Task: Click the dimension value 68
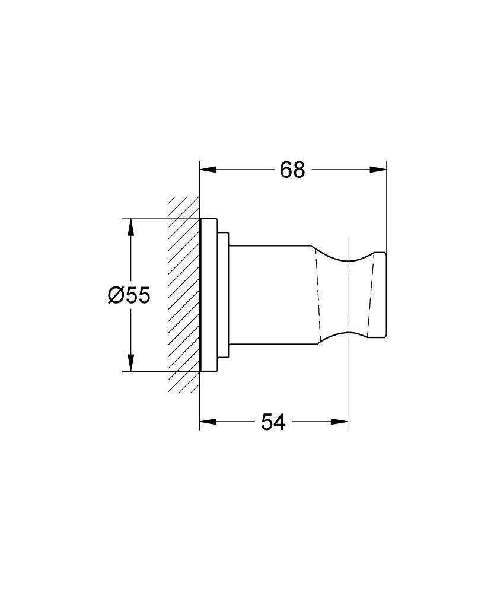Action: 292,170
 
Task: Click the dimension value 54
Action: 273,423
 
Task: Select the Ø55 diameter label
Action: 129,295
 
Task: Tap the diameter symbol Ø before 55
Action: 116,295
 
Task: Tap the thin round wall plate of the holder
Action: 208,295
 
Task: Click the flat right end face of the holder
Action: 386,295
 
